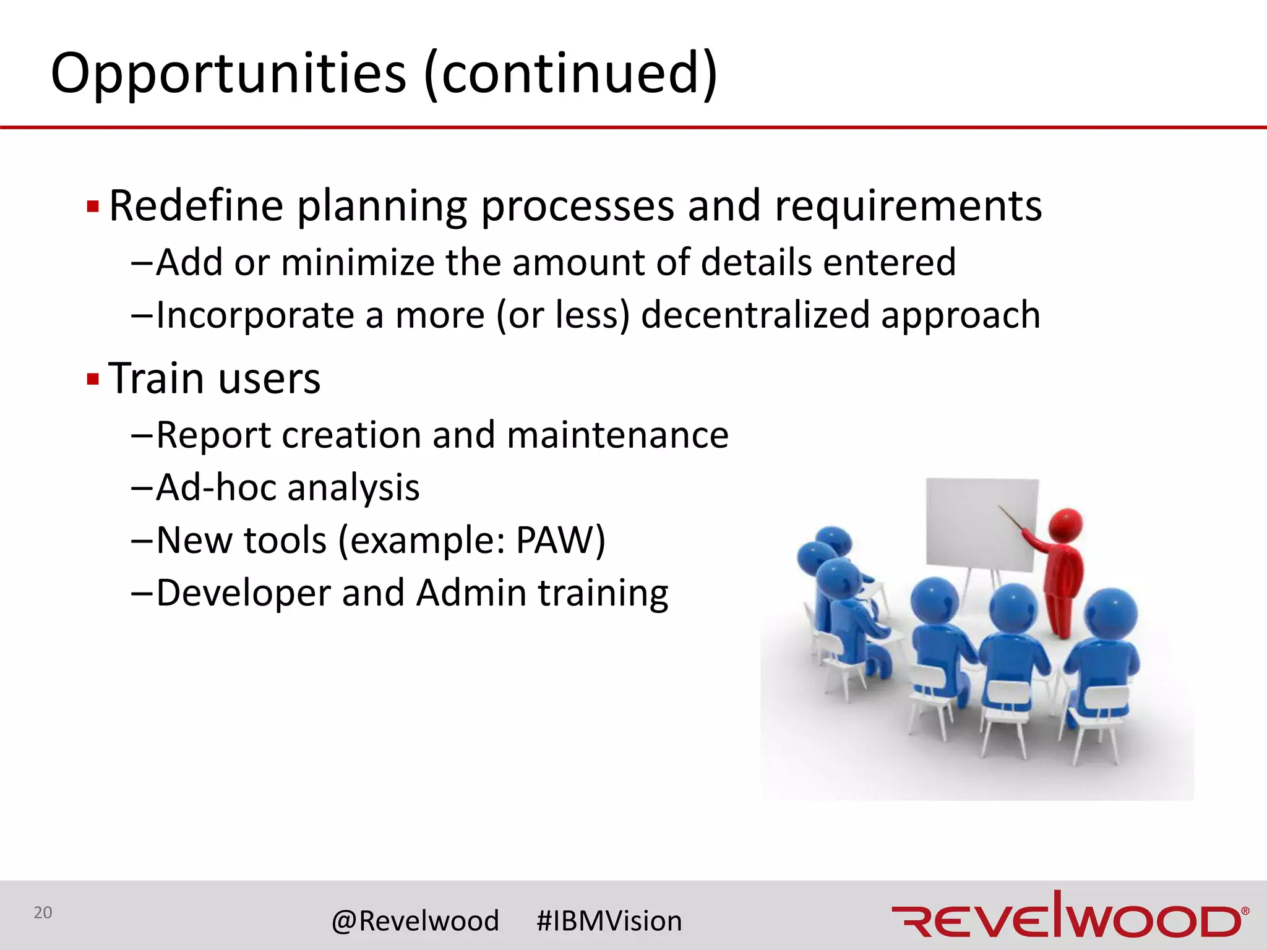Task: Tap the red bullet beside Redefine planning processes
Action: click(93, 206)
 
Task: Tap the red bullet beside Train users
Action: click(93, 379)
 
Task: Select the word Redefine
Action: click(195, 206)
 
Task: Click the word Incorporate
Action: click(254, 316)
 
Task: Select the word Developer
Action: click(243, 594)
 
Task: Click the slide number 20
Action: click(43, 912)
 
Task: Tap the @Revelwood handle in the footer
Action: click(415, 920)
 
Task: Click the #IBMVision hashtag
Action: click(609, 920)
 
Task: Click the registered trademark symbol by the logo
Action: click(1245, 910)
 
